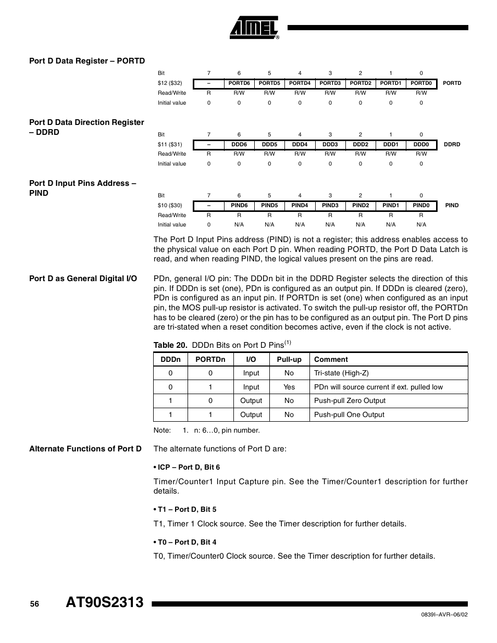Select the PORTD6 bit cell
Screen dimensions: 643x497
pos(239,83)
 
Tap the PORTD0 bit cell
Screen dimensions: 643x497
pos(421,83)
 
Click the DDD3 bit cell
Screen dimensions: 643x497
pos(330,145)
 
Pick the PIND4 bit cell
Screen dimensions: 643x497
pos(300,206)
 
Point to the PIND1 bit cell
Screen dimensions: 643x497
pos(391,206)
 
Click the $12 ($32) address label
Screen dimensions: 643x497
pos(170,83)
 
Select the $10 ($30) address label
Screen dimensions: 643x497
pos(170,206)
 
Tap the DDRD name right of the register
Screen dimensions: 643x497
pos(452,145)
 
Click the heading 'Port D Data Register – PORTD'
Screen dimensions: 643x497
pos(87,61)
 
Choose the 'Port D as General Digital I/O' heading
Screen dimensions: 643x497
pos(83,279)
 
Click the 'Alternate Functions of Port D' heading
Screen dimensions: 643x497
pos(85,449)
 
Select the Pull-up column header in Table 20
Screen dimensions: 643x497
pos(289,359)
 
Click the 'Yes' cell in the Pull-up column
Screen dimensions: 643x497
pos(289,387)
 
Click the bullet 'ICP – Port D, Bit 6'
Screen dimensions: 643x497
pos(189,468)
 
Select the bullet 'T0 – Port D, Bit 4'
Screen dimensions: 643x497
pos(187,542)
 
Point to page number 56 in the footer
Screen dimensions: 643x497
pos(34,604)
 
